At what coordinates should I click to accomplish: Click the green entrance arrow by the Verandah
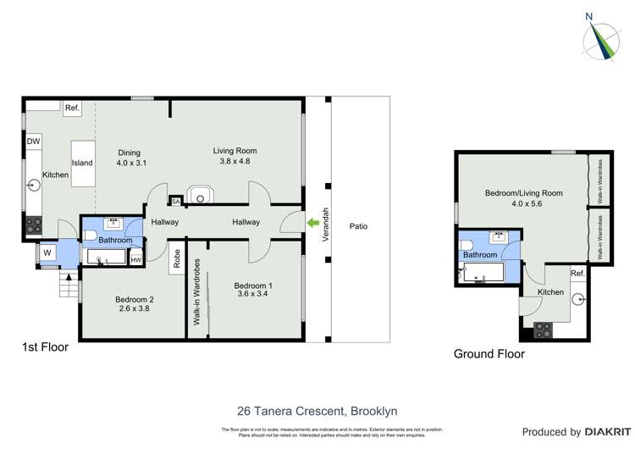[314, 223]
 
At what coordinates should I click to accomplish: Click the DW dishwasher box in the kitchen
[33, 141]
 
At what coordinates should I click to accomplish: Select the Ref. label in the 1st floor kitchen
[72, 108]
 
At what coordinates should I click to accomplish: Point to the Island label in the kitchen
[82, 163]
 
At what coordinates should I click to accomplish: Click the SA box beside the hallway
[175, 202]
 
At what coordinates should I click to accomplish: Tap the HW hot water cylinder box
[135, 260]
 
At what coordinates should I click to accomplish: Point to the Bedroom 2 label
[111, 299]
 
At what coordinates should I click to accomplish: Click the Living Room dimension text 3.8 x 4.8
[235, 161]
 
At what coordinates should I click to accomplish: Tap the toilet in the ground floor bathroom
[466, 247]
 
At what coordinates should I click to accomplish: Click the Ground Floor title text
[489, 354]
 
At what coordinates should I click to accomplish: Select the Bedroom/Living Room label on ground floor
[523, 193]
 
